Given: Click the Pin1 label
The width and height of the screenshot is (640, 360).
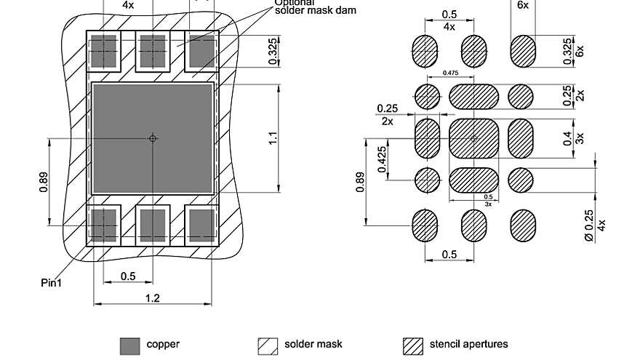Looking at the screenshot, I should (51, 282).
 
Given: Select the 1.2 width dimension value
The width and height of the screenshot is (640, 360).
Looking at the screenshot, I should (153, 298).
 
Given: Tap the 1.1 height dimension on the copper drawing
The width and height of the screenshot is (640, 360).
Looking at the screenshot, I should (273, 138).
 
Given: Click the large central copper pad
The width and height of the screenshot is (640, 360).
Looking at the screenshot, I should (153, 138).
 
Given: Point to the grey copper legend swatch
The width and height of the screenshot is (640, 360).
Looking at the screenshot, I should (129, 345).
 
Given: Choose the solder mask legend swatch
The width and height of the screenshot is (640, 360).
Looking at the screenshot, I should (268, 345).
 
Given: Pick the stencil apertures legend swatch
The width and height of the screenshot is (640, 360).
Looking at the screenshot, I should (413, 345).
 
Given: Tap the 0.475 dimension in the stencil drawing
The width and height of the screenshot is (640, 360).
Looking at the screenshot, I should (450, 73).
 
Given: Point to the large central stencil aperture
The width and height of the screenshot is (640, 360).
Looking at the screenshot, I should (473, 137).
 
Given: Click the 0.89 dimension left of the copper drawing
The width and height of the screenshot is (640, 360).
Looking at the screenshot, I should (44, 182).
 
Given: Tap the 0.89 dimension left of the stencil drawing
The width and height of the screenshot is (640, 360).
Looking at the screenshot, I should (361, 182).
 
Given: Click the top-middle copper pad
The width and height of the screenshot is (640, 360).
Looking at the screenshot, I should (153, 51).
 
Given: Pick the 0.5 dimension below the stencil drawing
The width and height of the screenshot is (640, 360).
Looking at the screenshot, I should (449, 255).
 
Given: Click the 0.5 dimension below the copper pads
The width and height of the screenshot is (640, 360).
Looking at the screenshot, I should (128, 276).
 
